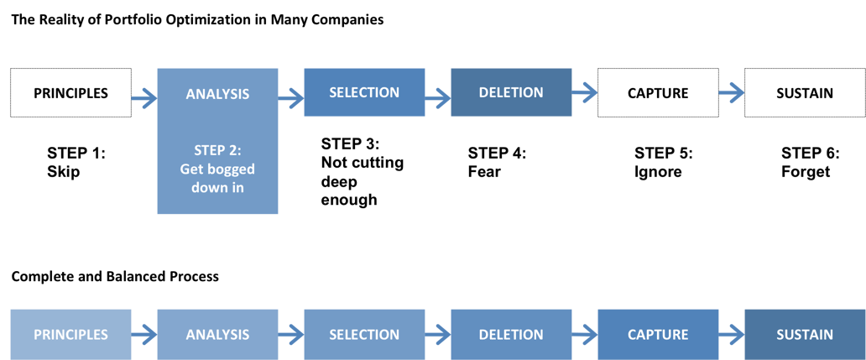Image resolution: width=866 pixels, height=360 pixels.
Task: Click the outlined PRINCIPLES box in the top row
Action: pyautogui.click(x=71, y=92)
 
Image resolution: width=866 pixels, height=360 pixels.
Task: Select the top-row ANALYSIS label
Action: pyautogui.click(x=217, y=94)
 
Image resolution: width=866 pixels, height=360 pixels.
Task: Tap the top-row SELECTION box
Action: pyautogui.click(x=364, y=92)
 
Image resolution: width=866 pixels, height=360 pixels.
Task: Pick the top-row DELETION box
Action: pyautogui.click(x=511, y=92)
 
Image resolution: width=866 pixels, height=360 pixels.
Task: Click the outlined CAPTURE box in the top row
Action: pyautogui.click(x=658, y=92)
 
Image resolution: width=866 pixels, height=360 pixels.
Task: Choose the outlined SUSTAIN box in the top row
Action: pyautogui.click(x=805, y=92)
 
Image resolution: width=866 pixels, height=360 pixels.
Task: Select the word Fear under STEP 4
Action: pyautogui.click(x=484, y=171)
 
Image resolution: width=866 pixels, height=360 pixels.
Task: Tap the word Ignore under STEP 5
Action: pyautogui.click(x=658, y=172)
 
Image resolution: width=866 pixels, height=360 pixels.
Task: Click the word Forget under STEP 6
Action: pyautogui.click(x=806, y=171)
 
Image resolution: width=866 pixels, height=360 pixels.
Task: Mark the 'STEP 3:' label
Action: pyautogui.click(x=351, y=144)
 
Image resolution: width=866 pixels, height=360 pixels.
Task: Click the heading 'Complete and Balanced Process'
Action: pyautogui.click(x=115, y=276)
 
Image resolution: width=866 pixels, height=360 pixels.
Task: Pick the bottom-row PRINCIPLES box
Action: pyautogui.click(x=71, y=334)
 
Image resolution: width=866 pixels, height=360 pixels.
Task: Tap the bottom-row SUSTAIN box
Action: pyautogui.click(x=805, y=334)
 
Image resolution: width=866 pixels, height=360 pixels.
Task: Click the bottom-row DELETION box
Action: pyautogui.click(x=511, y=334)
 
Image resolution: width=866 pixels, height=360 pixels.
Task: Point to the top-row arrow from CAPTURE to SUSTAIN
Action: pyautogui.click(x=732, y=92)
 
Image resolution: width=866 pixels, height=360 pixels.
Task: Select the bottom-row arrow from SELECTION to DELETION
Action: pyautogui.click(x=437, y=335)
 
